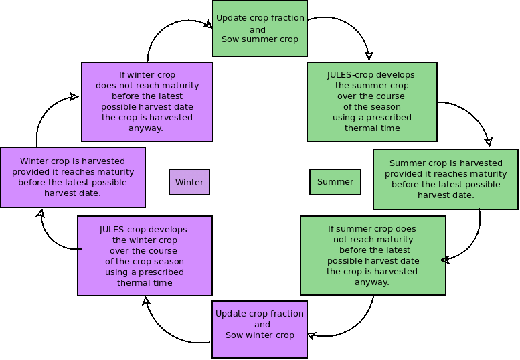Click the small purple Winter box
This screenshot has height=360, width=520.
(189, 182)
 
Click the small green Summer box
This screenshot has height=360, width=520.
(335, 182)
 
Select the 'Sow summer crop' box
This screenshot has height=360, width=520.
(260, 29)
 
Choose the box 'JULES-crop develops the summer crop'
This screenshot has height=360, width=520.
(371, 102)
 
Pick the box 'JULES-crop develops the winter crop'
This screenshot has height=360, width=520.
(145, 256)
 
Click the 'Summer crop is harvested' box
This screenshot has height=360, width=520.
(445, 179)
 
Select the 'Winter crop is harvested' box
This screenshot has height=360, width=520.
(72, 177)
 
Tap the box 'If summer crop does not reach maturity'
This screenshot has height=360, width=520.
(372, 255)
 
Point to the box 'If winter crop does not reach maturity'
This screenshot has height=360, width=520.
(147, 101)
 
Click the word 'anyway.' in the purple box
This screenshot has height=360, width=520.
(147, 128)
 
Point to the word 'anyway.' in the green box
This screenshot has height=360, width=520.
(372, 282)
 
